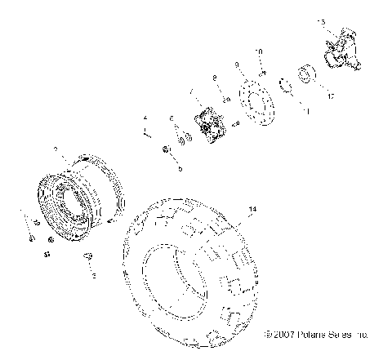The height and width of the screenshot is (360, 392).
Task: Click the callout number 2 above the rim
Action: coord(55,150)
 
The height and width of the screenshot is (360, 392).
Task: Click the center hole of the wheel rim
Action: coord(68,204)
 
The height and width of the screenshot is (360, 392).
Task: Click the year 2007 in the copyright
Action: coord(287,335)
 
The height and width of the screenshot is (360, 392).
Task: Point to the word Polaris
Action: coord(314,335)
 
